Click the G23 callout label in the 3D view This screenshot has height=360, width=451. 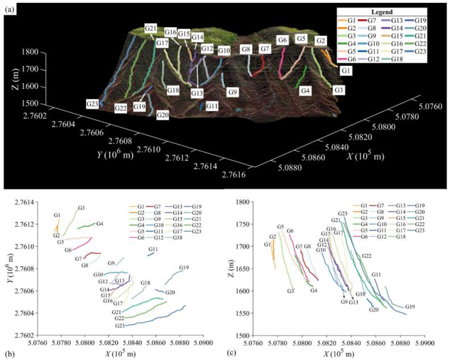click(x=92, y=103)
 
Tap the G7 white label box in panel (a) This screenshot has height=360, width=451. click(x=265, y=49)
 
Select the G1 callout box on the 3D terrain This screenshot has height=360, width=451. click(x=345, y=71)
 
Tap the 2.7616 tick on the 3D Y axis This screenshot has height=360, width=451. click(x=234, y=174)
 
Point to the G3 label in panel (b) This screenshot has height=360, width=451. click(x=81, y=208)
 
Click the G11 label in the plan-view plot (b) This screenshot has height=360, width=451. click(x=153, y=249)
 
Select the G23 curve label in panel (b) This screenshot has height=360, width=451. click(x=120, y=325)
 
